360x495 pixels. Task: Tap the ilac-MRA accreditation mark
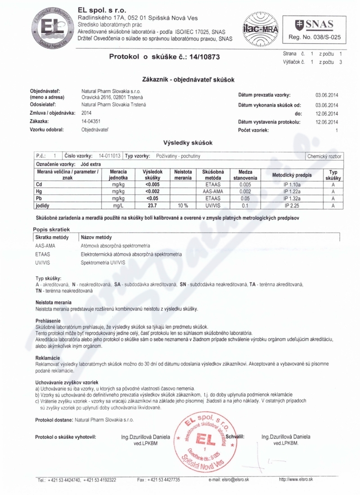tap(261, 28)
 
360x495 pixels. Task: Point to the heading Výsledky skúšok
tap(187, 143)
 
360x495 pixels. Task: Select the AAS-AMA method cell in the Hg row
tap(213, 191)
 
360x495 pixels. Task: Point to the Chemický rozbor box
tap(324, 156)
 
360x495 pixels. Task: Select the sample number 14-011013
tap(109, 156)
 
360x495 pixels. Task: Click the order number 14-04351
tap(90, 121)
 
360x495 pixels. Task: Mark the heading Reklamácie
tap(48, 358)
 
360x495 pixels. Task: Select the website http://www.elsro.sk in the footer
tap(296, 479)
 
